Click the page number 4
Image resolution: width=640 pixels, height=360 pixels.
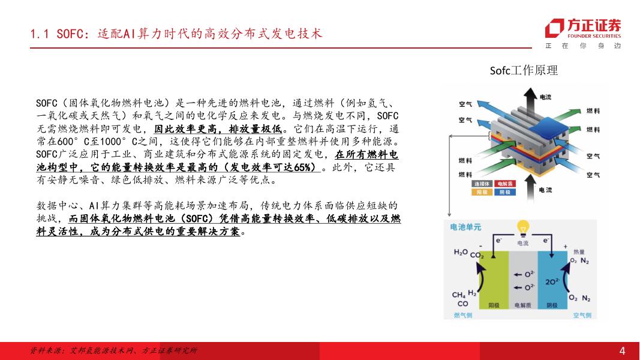[622, 350]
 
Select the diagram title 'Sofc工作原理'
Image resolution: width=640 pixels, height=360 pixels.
[524, 70]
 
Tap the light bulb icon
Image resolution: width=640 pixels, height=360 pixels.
[523, 228]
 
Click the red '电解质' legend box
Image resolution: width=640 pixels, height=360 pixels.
[505, 184]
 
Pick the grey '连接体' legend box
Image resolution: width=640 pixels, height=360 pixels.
[482, 184]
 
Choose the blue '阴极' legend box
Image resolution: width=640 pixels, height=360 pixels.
[505, 192]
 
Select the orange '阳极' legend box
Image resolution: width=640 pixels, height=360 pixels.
[482, 192]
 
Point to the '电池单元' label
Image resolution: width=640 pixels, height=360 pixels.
[465, 227]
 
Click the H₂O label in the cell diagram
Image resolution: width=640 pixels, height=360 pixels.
[461, 253]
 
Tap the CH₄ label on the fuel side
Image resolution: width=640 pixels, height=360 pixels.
[458, 295]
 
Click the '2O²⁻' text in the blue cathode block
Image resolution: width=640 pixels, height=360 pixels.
[552, 281]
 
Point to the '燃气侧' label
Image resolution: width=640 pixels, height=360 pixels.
[463, 315]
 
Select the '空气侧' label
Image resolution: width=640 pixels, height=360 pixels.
[582, 315]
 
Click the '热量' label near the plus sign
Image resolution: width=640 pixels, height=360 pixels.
[579, 252]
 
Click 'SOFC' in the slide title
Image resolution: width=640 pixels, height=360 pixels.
[70, 34]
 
